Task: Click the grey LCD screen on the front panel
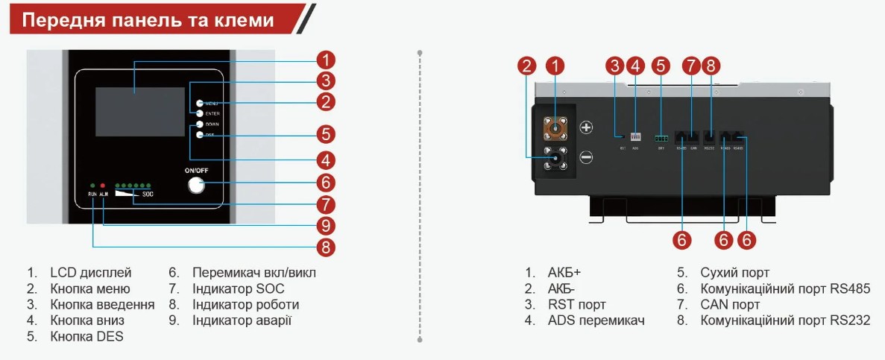point(140,111)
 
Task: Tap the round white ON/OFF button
point(196,184)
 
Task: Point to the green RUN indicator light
point(92,184)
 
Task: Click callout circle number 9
point(324,225)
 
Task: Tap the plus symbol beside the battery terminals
point(586,127)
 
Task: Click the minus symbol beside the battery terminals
point(586,157)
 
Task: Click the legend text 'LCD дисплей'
point(90,273)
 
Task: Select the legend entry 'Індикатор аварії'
point(242,320)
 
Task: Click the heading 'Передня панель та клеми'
point(148,20)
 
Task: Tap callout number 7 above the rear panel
point(691,66)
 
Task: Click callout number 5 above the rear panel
point(660,66)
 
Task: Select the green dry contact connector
point(661,138)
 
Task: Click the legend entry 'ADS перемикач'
point(596,320)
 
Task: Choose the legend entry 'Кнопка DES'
point(86,336)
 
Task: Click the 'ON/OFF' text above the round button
point(197,170)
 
